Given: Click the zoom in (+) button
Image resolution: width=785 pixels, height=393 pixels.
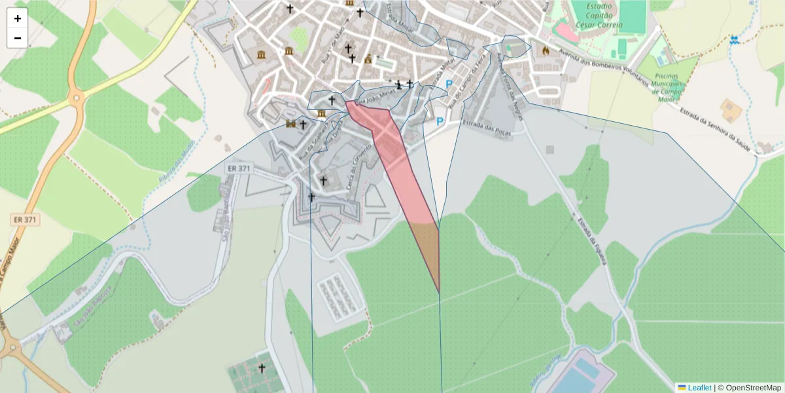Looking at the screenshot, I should tap(18, 18).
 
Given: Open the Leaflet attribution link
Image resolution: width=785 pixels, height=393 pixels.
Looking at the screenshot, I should tap(699, 388).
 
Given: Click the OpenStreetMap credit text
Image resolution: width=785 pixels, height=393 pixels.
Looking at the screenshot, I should tap(753, 388).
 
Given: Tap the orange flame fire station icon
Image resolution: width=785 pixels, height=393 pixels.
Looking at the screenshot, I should tap(546, 50).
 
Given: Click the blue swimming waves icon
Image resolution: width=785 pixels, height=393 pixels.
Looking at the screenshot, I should tap(735, 41).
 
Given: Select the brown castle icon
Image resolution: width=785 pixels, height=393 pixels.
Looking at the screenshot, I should tap(290, 124).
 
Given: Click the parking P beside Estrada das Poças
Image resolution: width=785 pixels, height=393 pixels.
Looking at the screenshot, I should tap(440, 121).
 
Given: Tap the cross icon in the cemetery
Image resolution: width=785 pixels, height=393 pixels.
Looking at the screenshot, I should tap(262, 368).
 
